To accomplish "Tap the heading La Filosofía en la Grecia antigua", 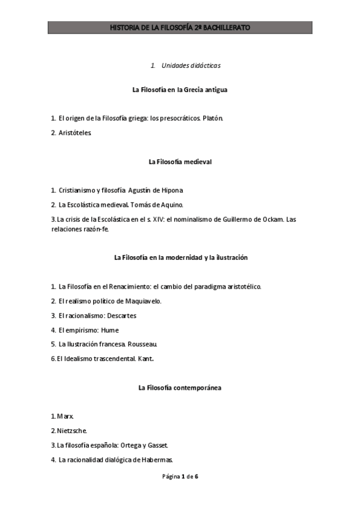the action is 180,90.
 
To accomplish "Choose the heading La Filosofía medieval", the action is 180,162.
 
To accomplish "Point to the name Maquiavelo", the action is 142,301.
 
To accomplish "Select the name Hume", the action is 110,330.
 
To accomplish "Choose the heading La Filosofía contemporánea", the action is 180,388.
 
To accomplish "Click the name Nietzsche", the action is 73,431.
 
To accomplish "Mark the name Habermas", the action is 156,460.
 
